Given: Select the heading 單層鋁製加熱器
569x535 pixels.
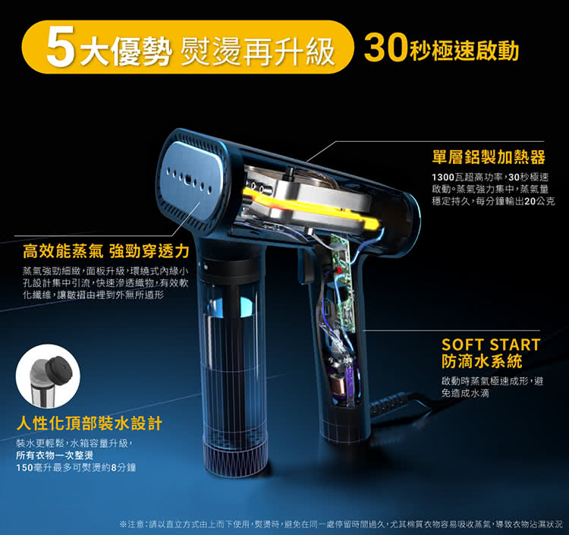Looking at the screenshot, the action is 489,157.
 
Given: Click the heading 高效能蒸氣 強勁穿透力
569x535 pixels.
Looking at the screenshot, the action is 106,251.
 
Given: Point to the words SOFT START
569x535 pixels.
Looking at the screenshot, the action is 491,345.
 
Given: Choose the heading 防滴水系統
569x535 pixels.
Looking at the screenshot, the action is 482,361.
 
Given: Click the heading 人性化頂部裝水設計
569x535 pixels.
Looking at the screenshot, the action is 90,423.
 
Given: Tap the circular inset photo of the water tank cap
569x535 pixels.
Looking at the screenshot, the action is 48,376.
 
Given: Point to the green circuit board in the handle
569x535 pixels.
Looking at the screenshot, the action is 342,283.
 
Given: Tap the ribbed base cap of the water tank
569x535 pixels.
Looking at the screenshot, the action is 236,459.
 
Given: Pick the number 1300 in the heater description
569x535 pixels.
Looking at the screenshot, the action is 443,177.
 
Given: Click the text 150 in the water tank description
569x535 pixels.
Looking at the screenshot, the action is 24,467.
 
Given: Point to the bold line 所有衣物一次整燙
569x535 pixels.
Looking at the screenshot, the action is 55,455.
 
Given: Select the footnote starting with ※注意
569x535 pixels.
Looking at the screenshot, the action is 341,524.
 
